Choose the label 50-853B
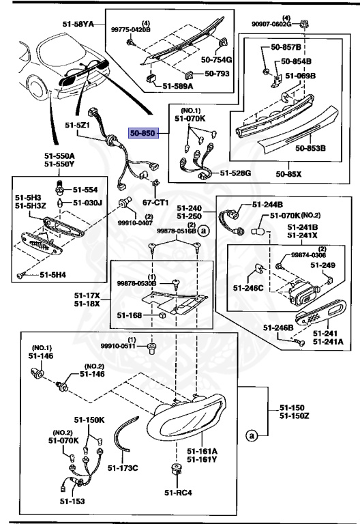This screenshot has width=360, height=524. pos(310,147)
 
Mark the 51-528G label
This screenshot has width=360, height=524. pos(235,173)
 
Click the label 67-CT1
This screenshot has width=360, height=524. pos(155,203)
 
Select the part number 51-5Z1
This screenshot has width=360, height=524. pos(78,126)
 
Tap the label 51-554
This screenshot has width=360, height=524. pos(85,190)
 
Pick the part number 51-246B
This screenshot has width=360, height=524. pos(280,327)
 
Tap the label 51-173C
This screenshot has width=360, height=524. pos(122,467)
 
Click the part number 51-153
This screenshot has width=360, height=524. pos(61,501)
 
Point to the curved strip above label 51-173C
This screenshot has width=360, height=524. pos(123,436)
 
